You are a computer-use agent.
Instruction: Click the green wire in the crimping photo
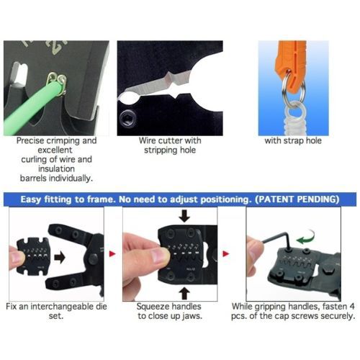coord(31,106)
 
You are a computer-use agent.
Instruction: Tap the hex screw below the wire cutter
coord(127,117)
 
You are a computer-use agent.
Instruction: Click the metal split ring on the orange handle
coord(293,87)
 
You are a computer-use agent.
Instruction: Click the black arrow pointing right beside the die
coord(60,258)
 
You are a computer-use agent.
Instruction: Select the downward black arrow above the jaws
coord(184,216)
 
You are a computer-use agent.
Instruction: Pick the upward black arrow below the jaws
coord(184,293)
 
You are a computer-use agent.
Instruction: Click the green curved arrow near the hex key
coord(305,238)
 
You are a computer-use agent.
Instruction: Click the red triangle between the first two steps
coord(112,253)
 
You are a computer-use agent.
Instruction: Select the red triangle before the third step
coord(225,253)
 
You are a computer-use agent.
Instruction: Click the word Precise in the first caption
coord(30,140)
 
